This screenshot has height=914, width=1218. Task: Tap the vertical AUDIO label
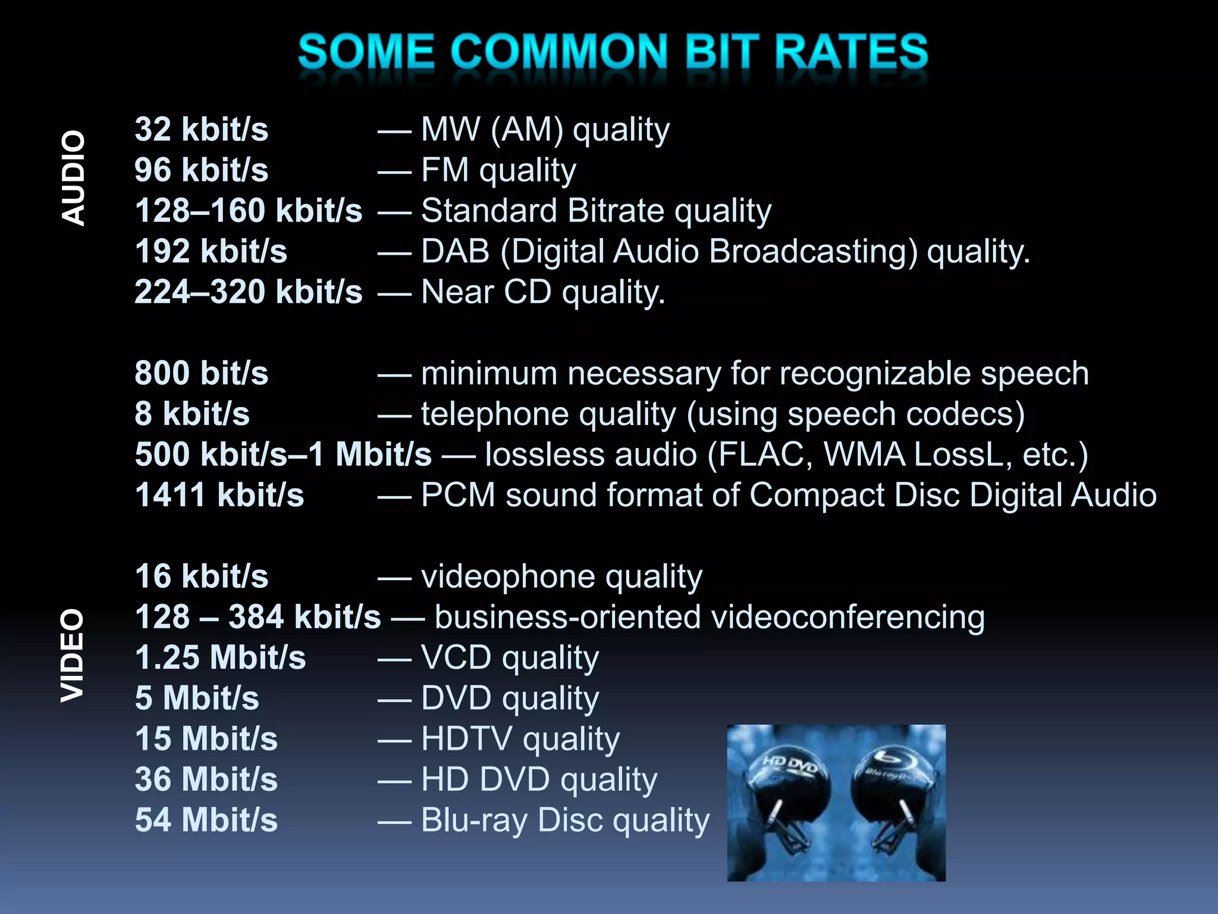[74, 178]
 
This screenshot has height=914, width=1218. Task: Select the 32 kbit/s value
[201, 129]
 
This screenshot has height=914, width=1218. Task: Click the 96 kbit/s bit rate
[201, 170]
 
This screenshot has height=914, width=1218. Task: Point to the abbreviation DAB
[455, 251]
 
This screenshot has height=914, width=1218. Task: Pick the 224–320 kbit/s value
[248, 292]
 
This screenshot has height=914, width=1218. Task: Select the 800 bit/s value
[201, 373]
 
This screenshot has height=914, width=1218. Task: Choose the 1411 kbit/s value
[219, 495]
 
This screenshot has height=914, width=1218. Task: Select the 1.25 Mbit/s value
[220, 658]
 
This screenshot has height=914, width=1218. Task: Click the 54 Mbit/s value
[206, 820]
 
